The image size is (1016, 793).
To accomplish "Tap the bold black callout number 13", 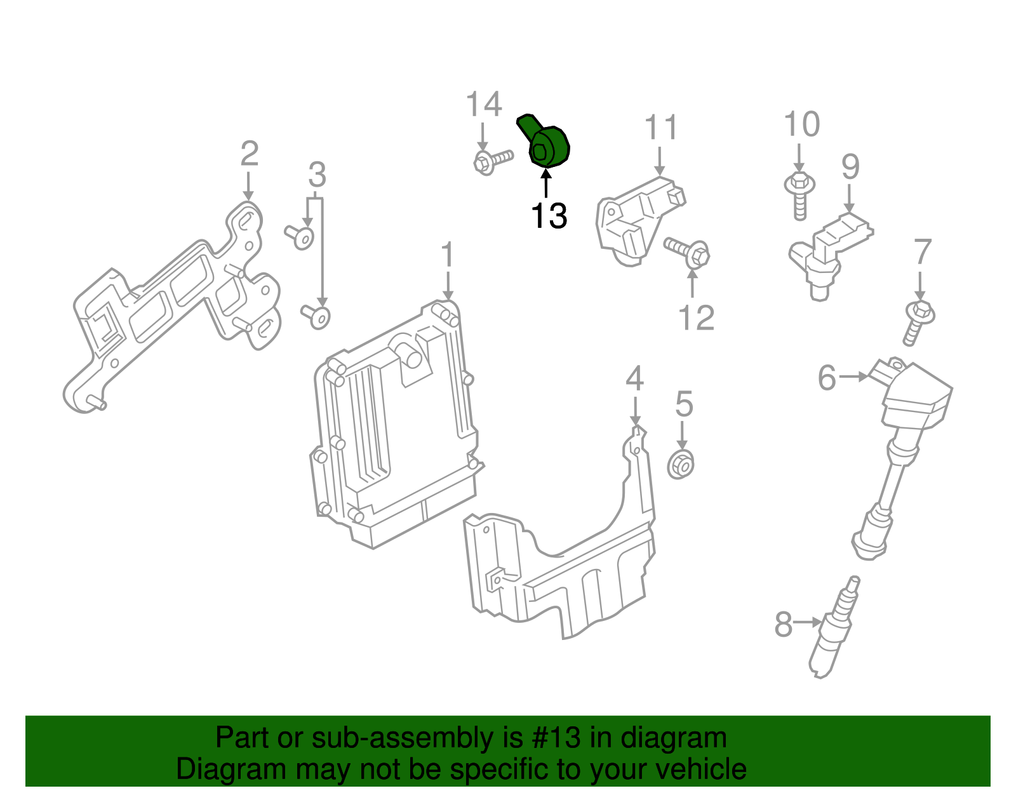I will coord(549,216).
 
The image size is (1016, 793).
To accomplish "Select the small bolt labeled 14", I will coord(491,160).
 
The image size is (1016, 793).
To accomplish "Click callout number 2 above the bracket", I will coord(249,154).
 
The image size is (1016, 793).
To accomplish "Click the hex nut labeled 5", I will coord(681,465).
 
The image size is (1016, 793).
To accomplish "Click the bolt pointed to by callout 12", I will coord(688,251).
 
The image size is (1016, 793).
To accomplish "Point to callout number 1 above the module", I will coord(448,255).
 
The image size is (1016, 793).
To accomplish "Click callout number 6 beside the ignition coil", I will coord(827,378).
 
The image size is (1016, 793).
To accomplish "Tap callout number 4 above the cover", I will coord(634,379).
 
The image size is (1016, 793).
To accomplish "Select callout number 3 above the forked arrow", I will coord(317,175).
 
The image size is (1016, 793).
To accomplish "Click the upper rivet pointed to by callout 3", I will coord(301,237).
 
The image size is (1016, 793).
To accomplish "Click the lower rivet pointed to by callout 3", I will coord(317,315).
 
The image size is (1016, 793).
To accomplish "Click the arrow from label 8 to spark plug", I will coord(808,622).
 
